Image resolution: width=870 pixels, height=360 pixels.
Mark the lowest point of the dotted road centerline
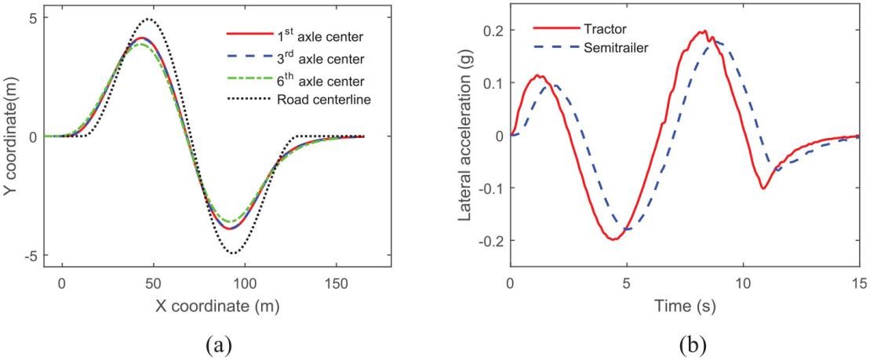233,253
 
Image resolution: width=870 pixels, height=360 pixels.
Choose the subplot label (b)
685,343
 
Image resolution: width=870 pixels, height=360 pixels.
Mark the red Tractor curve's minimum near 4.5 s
614,239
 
